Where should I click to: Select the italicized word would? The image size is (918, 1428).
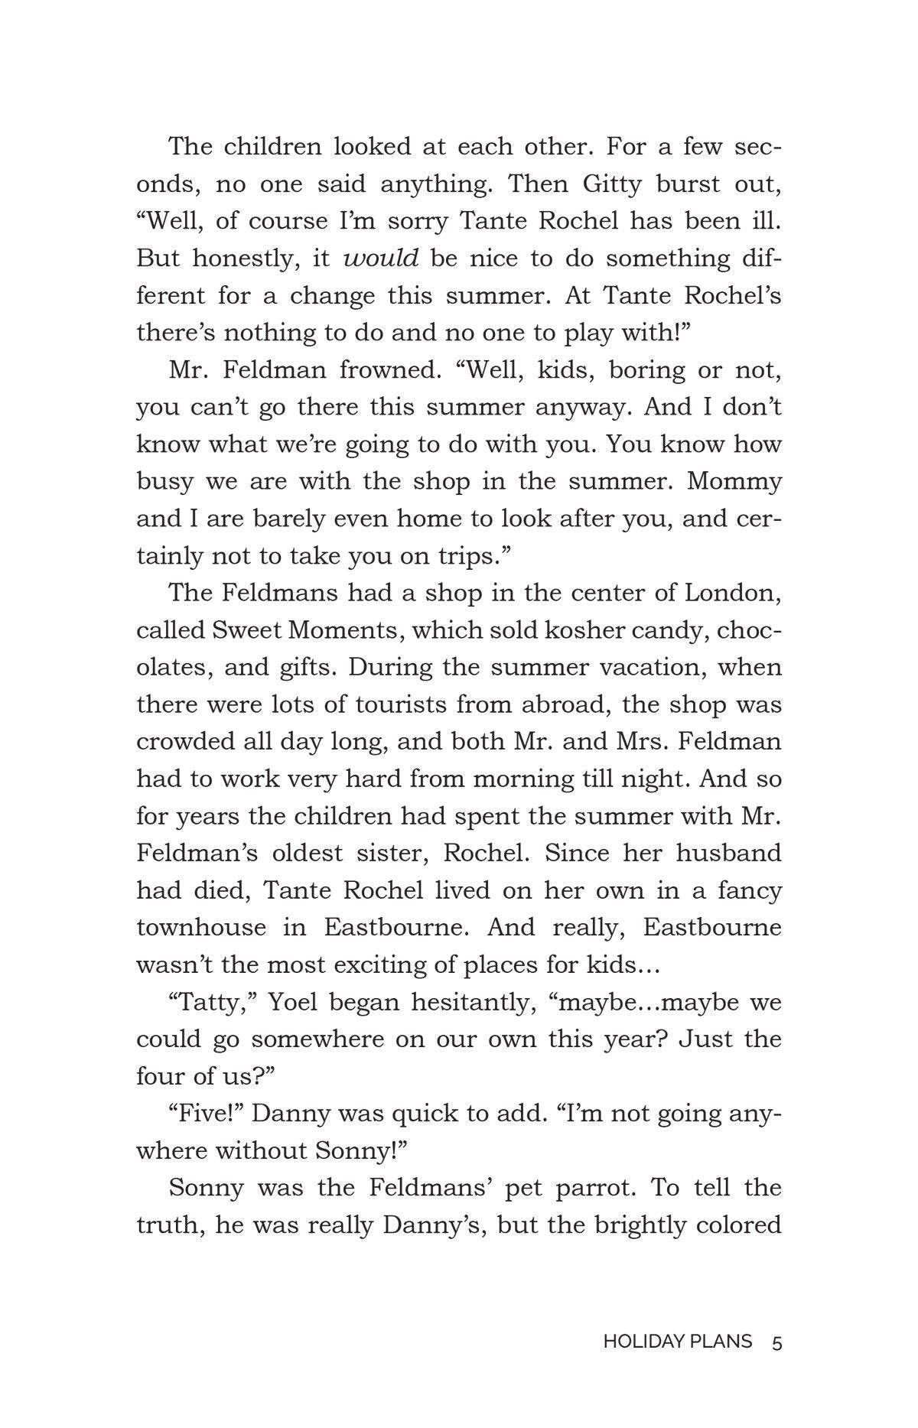coord(381,259)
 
